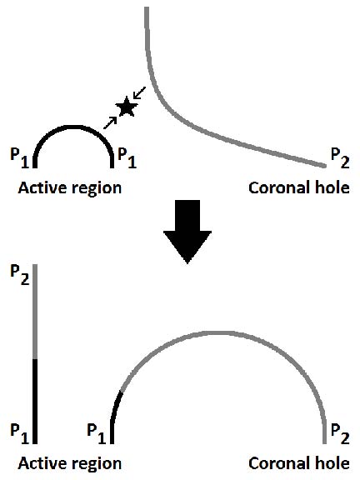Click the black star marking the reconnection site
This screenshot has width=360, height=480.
point(126,107)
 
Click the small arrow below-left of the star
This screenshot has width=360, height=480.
point(110,123)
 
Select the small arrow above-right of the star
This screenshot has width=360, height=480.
point(139,93)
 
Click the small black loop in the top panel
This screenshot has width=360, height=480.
point(73,127)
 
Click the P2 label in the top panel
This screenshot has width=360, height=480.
point(340,158)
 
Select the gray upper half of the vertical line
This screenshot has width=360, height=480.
point(35,312)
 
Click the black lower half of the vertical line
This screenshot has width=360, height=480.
point(35,402)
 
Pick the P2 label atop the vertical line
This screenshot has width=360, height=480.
point(20,274)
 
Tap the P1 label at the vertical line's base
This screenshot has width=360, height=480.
point(20,433)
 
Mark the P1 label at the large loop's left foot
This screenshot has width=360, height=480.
point(97,433)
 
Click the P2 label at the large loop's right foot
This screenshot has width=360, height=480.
point(340,434)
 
